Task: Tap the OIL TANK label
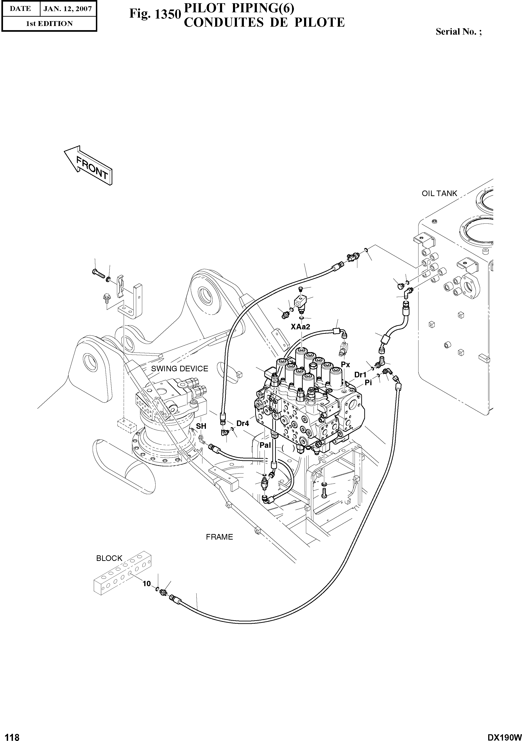pos(439,194)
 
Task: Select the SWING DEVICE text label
pos(179,369)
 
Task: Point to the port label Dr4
pos(242,423)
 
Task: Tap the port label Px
pos(345,365)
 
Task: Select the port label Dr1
pos(360,375)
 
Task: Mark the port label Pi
pos(368,383)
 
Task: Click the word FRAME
pos(219,537)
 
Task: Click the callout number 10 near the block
pos(147,583)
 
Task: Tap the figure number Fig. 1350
pos(154,14)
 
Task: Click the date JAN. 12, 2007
pos(68,9)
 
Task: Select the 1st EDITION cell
pos(49,24)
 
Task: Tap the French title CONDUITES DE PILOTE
pos(264,22)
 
